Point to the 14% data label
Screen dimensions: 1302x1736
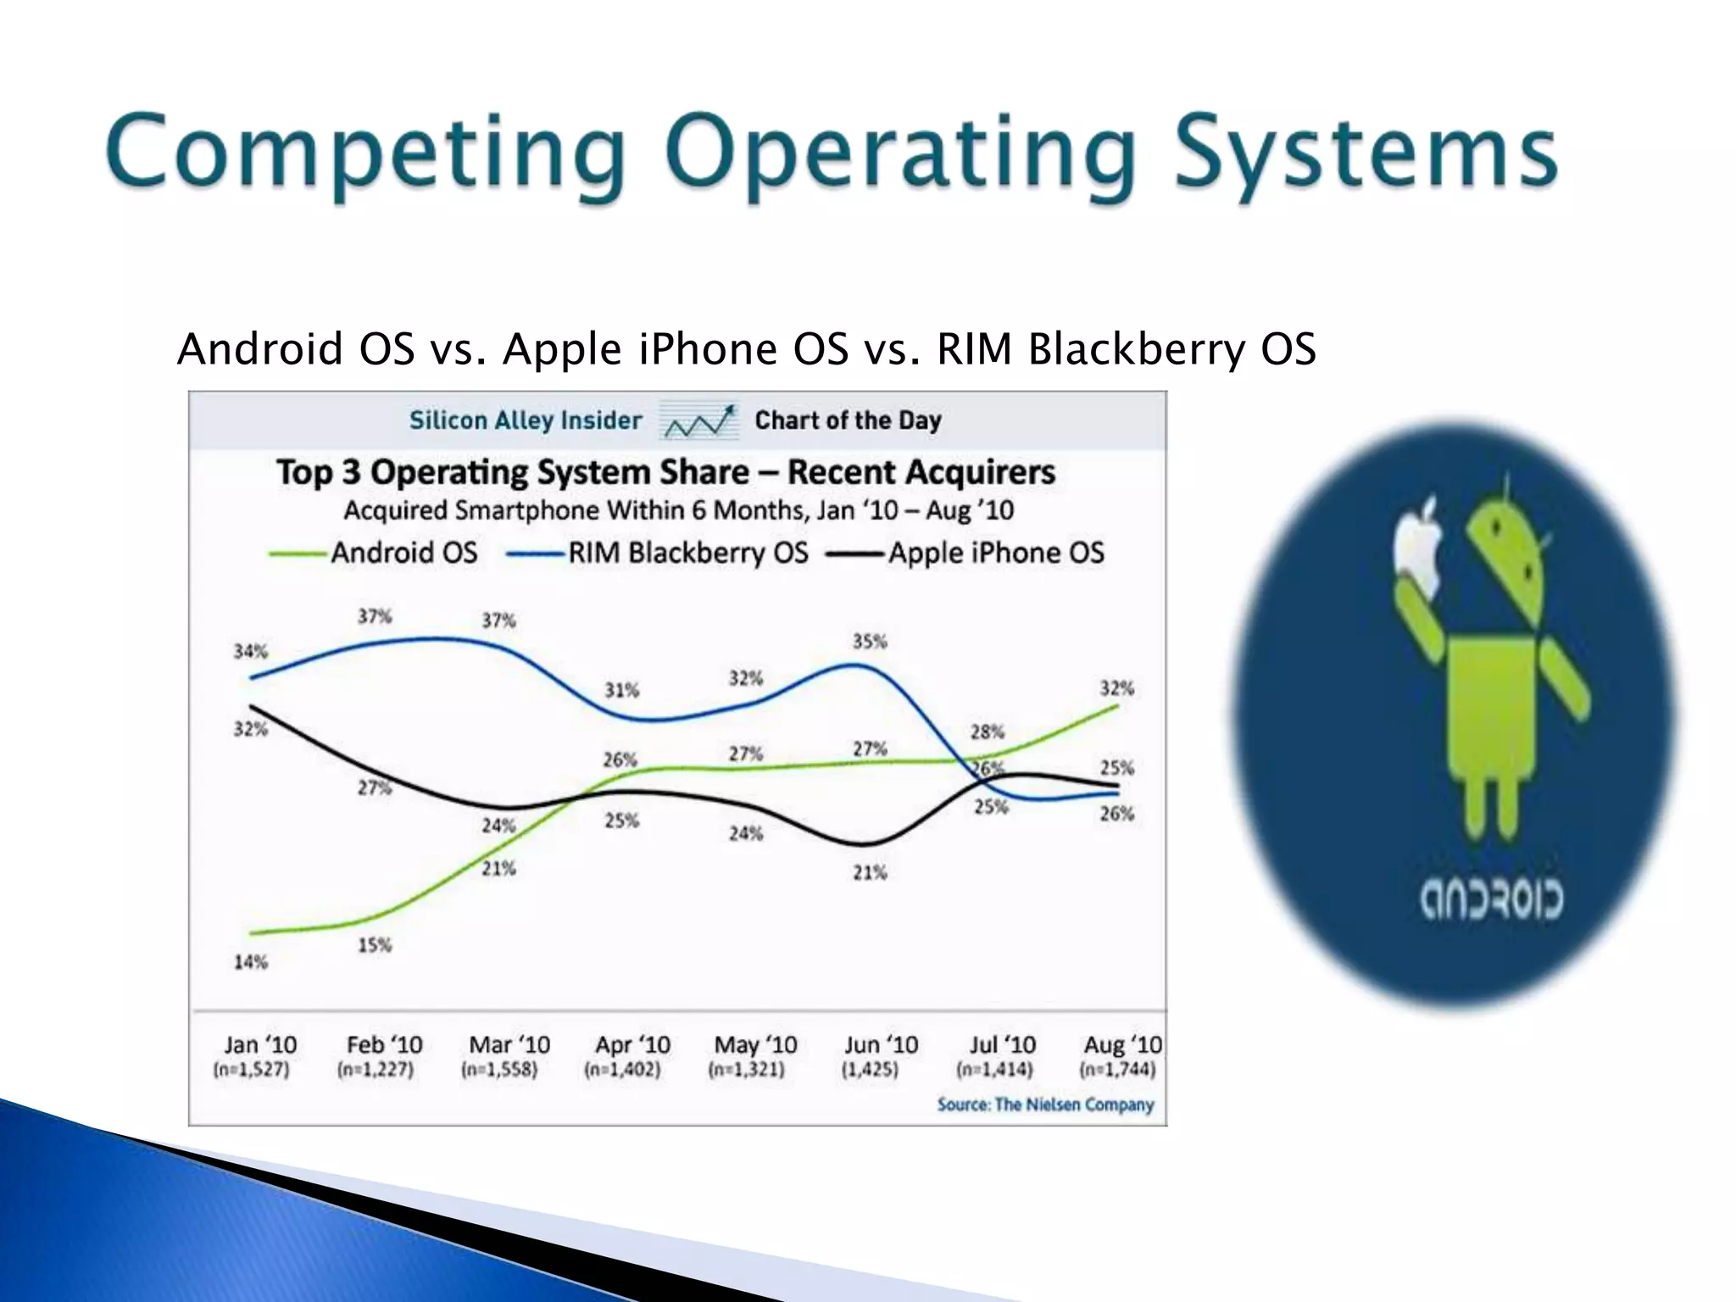(x=251, y=962)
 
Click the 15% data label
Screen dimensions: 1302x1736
(x=375, y=945)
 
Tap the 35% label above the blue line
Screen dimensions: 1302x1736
(x=870, y=642)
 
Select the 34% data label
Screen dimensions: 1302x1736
(x=251, y=652)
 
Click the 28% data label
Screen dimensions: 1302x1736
(x=988, y=732)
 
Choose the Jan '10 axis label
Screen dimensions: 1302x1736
(x=259, y=1045)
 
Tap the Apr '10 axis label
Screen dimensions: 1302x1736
(x=632, y=1045)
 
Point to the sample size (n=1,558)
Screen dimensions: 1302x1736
(x=499, y=1070)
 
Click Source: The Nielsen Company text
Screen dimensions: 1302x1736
(x=1046, y=1104)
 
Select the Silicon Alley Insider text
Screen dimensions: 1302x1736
(x=526, y=420)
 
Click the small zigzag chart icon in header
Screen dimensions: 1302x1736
(x=699, y=420)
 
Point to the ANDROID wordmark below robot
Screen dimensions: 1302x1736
(x=1492, y=900)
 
